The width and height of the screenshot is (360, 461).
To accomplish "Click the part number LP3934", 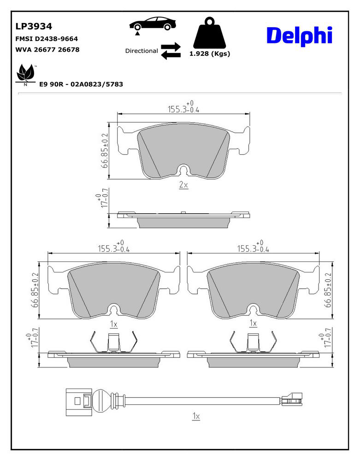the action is [34, 26].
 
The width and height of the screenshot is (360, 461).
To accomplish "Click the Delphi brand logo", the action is [300, 36].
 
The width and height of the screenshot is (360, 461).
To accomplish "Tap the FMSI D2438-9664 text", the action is [47, 39].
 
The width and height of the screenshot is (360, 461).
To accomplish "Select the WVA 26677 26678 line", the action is [47, 49].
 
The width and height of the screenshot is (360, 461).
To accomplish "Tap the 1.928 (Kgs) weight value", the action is [210, 54].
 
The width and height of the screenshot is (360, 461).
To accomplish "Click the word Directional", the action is [142, 51].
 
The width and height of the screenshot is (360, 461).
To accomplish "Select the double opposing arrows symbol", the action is [171, 51].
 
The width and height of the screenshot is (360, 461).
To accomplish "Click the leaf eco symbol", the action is [25, 73].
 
